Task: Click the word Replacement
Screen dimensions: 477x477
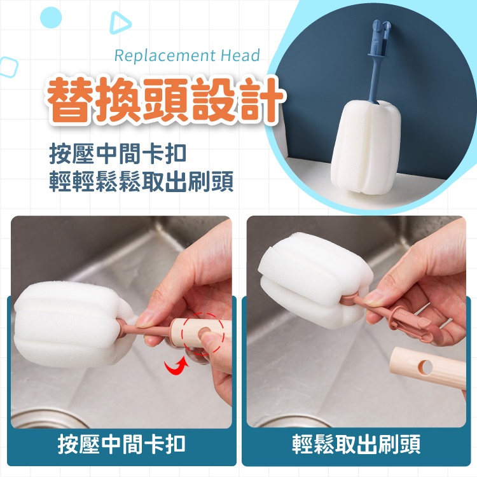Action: [165, 56]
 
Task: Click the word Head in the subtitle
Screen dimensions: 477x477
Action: [240, 55]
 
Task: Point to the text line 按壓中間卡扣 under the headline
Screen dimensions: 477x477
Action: [118, 154]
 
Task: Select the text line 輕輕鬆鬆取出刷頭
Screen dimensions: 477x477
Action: [141, 182]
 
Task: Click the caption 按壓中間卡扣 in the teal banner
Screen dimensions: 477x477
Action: [121, 444]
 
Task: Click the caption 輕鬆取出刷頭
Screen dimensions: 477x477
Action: [356, 444]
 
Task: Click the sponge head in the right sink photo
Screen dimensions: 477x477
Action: [315, 280]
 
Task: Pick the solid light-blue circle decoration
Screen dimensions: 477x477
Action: [51, 18]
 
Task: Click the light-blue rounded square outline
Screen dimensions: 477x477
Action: [8, 67]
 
